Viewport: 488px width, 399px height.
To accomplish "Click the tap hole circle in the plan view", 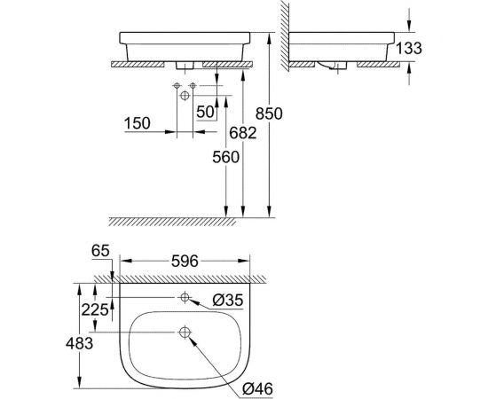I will click(185, 297).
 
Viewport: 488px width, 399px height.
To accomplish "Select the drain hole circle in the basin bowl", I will click(185, 333).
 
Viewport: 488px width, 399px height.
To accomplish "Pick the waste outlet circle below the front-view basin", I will click(184, 94).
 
